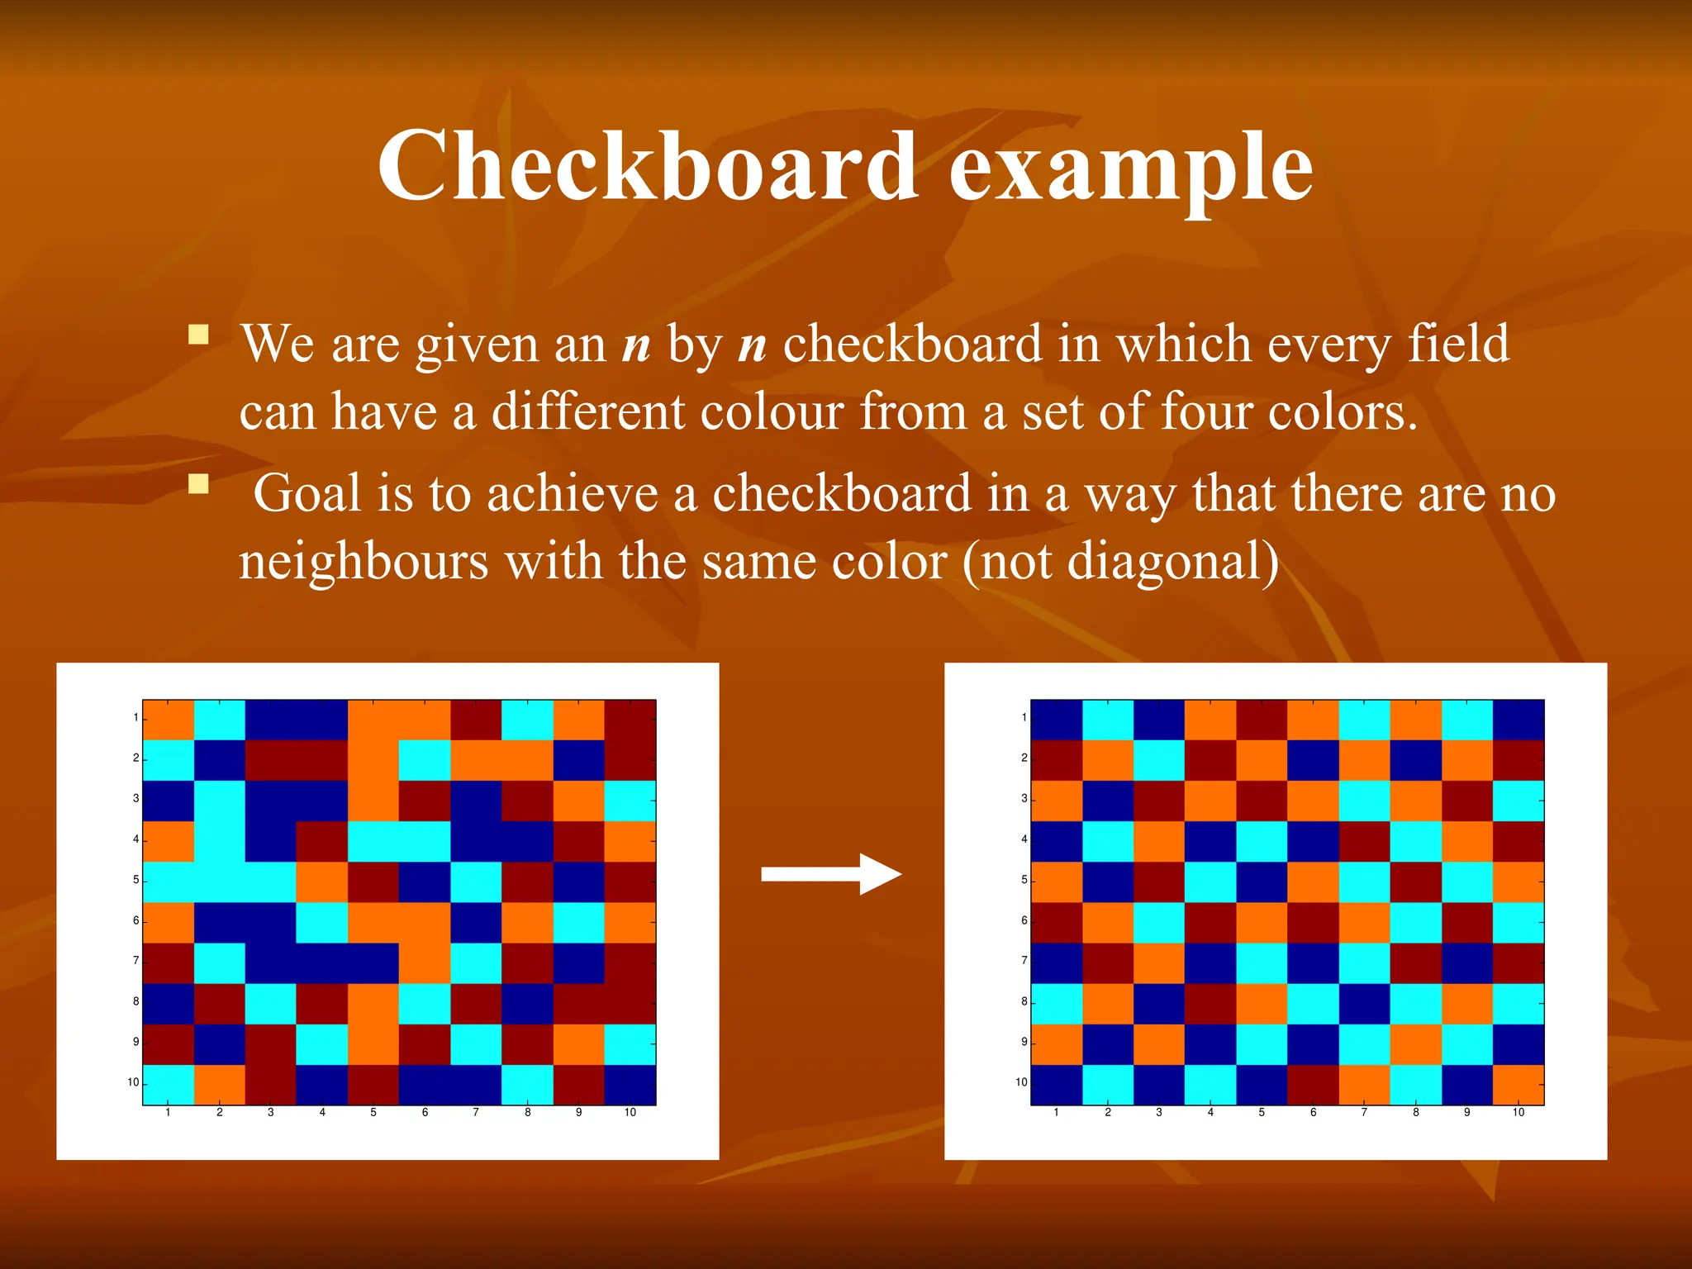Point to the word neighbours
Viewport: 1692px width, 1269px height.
[364, 561]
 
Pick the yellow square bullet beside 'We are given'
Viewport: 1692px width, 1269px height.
[198, 335]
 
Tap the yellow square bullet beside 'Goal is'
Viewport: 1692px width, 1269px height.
[198, 483]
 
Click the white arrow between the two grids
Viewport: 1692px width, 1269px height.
[830, 874]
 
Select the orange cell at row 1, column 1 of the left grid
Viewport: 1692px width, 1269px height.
[169, 719]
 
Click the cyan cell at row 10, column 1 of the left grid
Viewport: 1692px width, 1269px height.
[169, 1085]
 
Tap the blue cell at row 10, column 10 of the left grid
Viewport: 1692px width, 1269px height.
[630, 1085]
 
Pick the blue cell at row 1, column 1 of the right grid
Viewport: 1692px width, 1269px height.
[1057, 719]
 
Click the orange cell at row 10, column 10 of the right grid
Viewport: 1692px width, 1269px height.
[1519, 1085]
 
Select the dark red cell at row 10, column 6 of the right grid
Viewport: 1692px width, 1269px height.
[1314, 1085]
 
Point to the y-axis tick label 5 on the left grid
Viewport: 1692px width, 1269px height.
[136, 880]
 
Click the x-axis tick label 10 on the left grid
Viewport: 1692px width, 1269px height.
[630, 1113]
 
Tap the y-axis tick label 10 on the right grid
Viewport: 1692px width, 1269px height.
[1021, 1082]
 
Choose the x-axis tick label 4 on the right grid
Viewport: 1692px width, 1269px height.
[1210, 1113]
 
